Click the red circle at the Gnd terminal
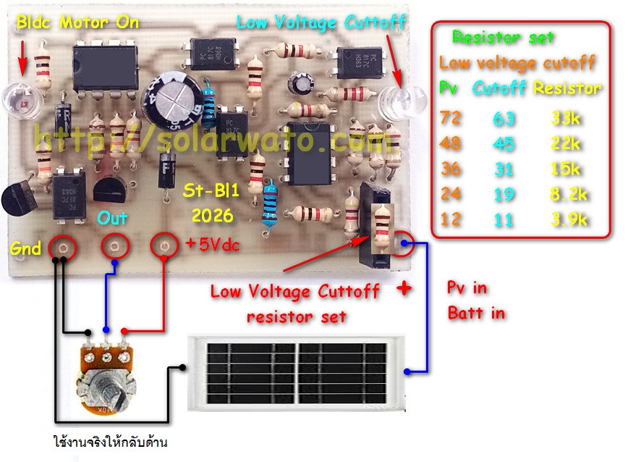(x=62, y=248)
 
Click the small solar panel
(x=297, y=374)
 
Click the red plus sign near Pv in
(x=404, y=288)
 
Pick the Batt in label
(x=476, y=314)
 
